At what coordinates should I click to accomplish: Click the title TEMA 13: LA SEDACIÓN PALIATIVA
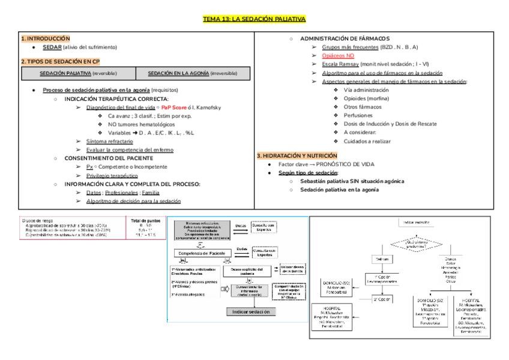coord(254,19)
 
